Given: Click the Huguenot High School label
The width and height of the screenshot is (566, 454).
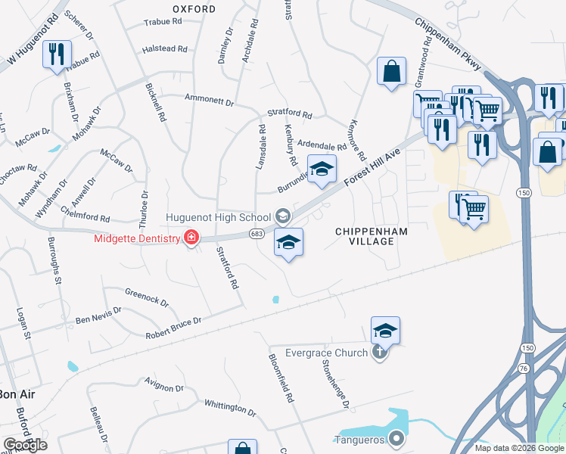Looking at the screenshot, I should point(219,217).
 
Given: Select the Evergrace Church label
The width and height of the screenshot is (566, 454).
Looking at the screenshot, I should point(326,353).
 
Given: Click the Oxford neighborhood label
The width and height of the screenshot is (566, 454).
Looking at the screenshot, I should point(194,9).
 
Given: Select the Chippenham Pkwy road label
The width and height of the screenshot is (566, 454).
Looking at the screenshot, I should point(449,43).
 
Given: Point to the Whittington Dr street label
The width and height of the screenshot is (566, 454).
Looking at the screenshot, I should point(230,409).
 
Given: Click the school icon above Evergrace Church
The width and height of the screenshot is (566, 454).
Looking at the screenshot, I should point(385,331).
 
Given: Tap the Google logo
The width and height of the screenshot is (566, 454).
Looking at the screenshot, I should point(25,445).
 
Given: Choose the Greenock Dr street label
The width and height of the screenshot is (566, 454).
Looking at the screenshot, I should point(146,298).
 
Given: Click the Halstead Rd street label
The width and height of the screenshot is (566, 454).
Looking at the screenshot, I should point(164,49).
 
